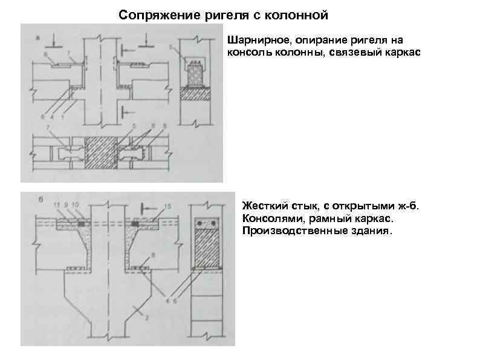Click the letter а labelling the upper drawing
37,38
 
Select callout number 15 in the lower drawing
168,206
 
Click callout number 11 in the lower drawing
57,205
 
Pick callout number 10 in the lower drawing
76,205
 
